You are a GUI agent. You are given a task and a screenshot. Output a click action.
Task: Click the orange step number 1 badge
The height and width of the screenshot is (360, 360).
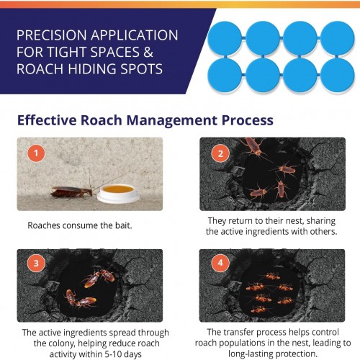tap(36, 153)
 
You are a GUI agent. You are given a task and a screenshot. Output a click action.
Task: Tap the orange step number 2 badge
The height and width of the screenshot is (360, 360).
tap(220, 153)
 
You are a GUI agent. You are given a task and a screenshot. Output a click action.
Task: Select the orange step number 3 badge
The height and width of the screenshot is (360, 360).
tap(36, 263)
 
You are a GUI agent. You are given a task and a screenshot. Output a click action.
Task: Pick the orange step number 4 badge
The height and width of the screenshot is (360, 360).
tap(220, 263)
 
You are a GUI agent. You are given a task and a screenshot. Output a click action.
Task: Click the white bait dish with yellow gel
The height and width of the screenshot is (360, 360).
tap(118, 194)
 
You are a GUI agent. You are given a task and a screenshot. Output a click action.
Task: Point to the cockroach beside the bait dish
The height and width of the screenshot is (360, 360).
tap(71, 192)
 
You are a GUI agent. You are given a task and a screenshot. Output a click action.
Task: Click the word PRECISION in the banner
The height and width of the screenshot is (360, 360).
tap(51, 35)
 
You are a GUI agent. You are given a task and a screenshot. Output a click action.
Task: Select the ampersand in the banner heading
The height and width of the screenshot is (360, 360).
tap(148, 52)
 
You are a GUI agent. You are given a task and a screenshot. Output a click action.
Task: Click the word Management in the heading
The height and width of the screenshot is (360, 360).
tap(172, 120)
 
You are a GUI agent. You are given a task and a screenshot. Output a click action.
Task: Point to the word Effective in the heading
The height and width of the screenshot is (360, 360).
tap(47, 120)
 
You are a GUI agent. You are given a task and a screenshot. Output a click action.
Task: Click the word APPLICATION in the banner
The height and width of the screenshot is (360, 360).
tap(135, 35)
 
